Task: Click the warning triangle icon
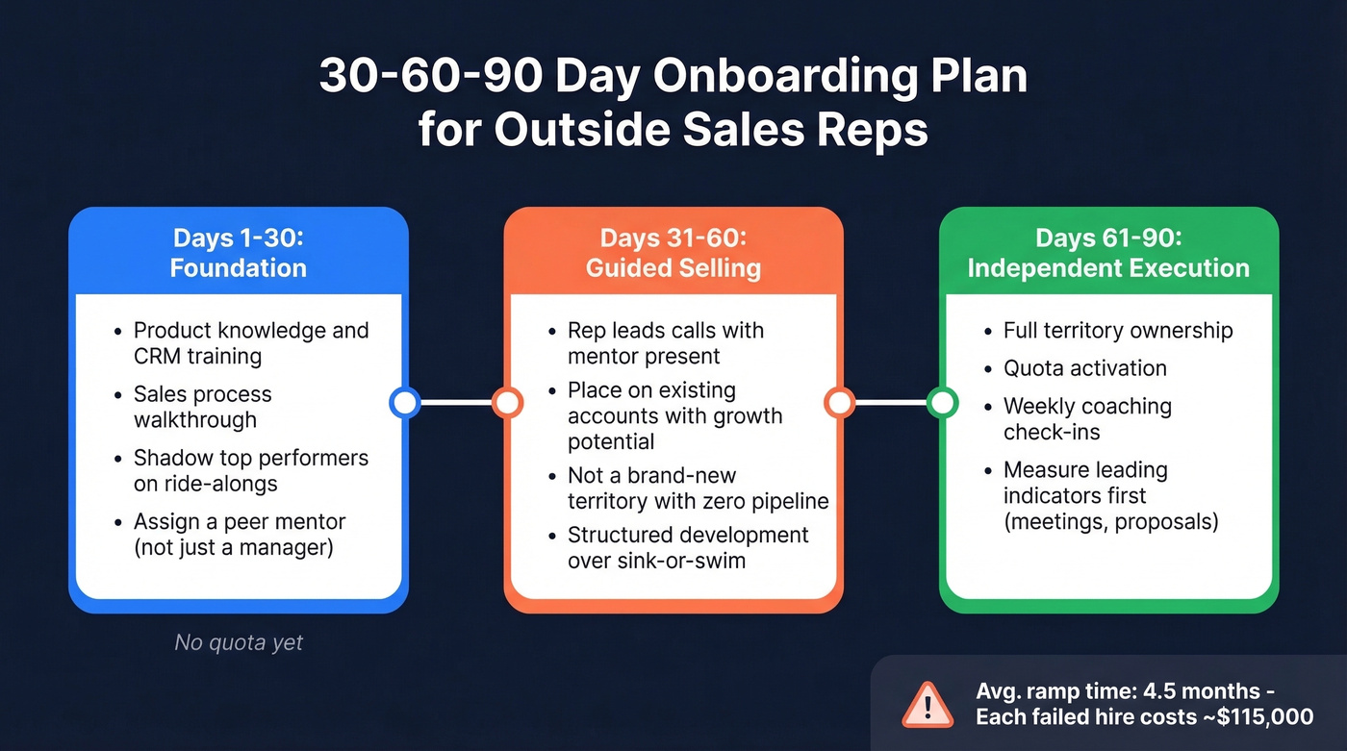coord(927,704)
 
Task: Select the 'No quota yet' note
coord(239,642)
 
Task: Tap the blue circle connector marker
coord(404,402)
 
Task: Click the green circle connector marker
coord(943,402)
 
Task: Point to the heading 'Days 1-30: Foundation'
coord(239,252)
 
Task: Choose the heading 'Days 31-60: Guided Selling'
coord(673,252)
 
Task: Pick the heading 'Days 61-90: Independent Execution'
coord(1108,252)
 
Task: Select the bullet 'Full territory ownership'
coord(1117,331)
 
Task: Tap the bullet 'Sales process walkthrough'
coord(202,407)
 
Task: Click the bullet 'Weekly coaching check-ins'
coord(1087,418)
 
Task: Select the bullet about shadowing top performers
coord(250,470)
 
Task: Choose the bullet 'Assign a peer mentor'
coord(239,534)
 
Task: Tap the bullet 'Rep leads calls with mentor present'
coord(665,343)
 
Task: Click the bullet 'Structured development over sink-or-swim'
coord(687,547)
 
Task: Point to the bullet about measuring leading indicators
coord(1109,495)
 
